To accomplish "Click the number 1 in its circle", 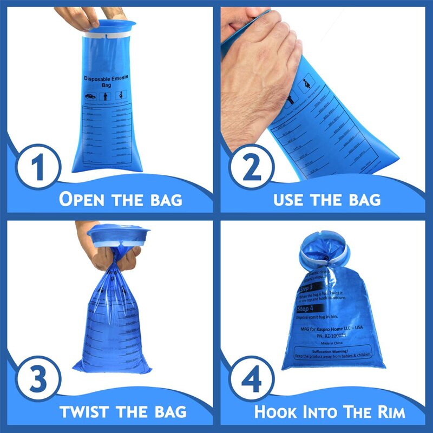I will pyautogui.click(x=37, y=168).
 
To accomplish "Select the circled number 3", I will pyautogui.click(x=37, y=380).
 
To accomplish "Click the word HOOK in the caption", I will pyautogui.click(x=278, y=411).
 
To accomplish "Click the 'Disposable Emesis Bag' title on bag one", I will pyautogui.click(x=106, y=81).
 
